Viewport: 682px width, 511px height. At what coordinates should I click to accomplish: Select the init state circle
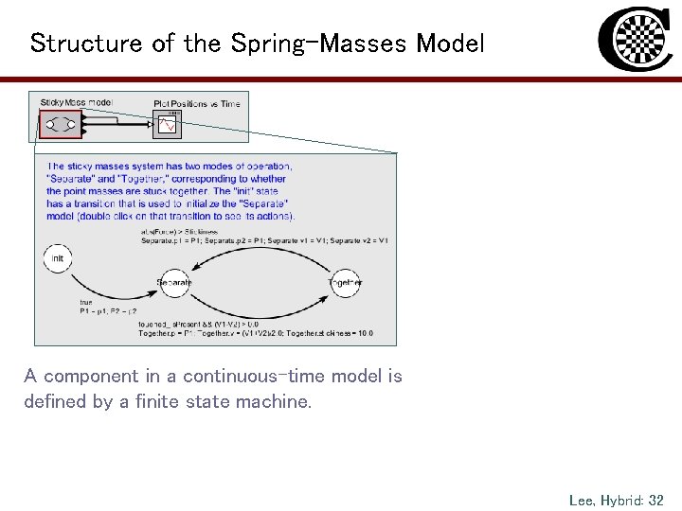click(x=58, y=258)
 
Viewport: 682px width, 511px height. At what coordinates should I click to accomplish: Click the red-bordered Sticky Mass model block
click(x=60, y=124)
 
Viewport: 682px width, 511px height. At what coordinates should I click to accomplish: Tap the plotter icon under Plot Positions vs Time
click(x=168, y=125)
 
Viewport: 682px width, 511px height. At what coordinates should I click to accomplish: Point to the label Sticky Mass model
click(x=77, y=102)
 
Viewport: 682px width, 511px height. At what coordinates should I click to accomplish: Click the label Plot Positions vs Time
click(x=197, y=103)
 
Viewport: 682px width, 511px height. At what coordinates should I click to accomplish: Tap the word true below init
click(x=86, y=303)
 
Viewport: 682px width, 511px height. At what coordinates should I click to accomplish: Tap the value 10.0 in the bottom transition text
click(x=364, y=333)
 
